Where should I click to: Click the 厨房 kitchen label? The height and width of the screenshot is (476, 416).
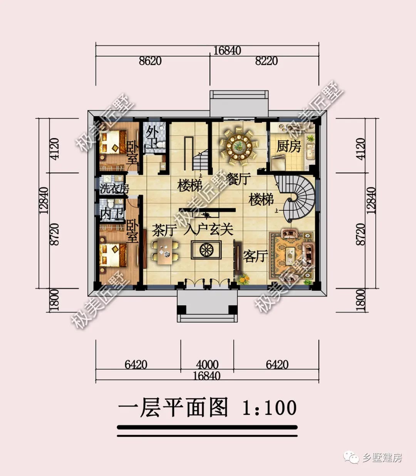pyautogui.click(x=289, y=146)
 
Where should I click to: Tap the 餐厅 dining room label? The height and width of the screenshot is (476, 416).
pyautogui.click(x=239, y=179)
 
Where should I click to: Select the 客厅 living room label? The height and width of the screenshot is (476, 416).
pyautogui.click(x=255, y=255)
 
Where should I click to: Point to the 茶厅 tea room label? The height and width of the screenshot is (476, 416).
pyautogui.click(x=164, y=230)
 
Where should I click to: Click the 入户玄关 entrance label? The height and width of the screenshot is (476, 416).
pyautogui.click(x=208, y=230)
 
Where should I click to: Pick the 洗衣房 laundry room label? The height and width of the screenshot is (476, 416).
pyautogui.click(x=114, y=189)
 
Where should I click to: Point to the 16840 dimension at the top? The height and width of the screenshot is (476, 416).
pyautogui.click(x=227, y=50)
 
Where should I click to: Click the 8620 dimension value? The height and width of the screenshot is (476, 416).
pyautogui.click(x=150, y=61)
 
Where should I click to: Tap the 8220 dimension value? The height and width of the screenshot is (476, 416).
pyautogui.click(x=266, y=61)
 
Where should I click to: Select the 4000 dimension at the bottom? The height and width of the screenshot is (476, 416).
pyautogui.click(x=207, y=364)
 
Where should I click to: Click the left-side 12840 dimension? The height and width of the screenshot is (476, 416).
pyautogui.click(x=44, y=200)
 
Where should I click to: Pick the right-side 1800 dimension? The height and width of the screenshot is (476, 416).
pyautogui.click(x=360, y=300)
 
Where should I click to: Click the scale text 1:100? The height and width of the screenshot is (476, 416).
pyautogui.click(x=269, y=408)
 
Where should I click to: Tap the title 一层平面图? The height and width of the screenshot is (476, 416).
pyautogui.click(x=173, y=408)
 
